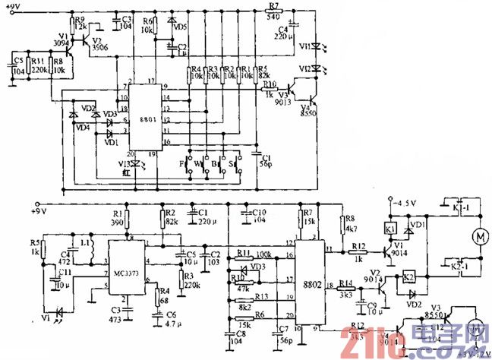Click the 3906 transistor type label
[x=99, y=47]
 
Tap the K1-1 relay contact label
[x=453, y=207]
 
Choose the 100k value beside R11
[x=265, y=253]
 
